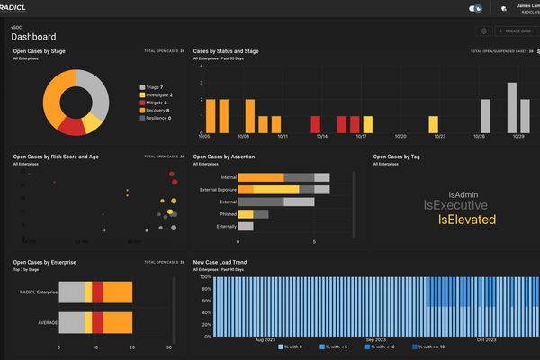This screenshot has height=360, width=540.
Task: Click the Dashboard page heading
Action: point(33,37)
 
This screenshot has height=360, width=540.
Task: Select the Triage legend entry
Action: point(152,86)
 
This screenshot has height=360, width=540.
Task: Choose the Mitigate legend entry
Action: point(154,102)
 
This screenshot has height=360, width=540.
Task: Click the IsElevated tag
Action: point(467,220)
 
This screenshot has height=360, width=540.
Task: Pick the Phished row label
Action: point(229,214)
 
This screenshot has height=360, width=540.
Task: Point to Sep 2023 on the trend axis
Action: point(374,339)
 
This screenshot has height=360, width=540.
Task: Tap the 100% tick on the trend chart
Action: point(204,276)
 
